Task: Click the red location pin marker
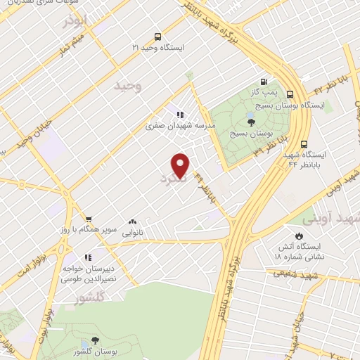181,165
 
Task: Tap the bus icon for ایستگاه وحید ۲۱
157,37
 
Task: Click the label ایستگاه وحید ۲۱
162,48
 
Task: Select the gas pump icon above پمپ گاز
263,81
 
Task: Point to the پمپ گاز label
263,92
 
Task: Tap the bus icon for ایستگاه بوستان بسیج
290,94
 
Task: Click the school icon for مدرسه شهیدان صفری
180,115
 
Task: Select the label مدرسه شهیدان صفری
181,127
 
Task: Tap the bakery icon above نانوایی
133,220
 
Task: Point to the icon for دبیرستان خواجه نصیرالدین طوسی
87,258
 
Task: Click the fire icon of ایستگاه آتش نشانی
300,236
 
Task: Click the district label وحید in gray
127,86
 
